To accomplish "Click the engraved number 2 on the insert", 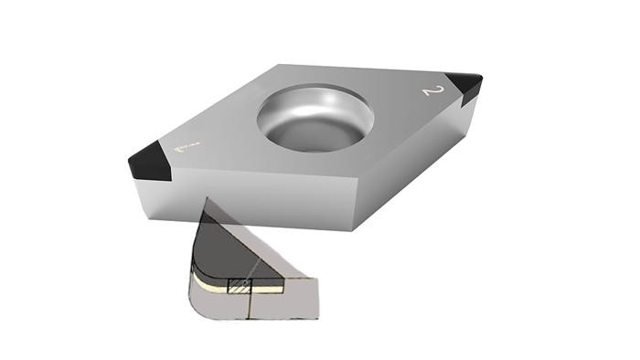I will click(x=432, y=91).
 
